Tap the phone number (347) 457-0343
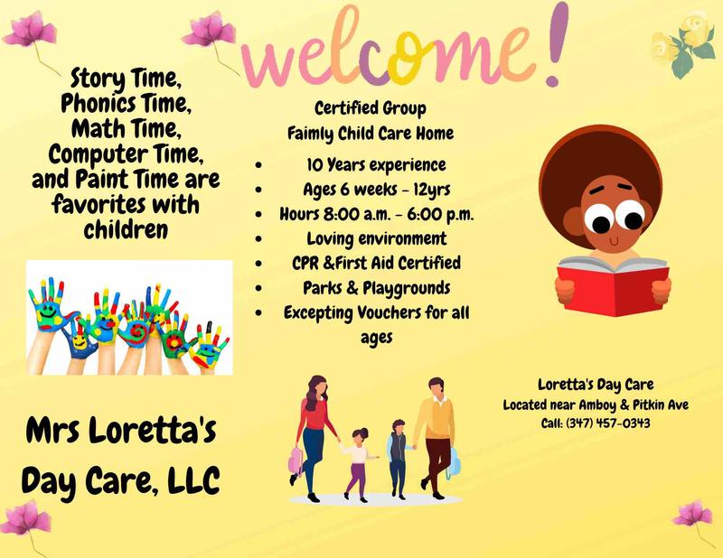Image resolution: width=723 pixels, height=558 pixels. pos(607,423)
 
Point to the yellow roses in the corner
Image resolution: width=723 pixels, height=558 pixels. pos(679,45)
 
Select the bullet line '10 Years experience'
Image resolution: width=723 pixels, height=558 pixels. pos(375,165)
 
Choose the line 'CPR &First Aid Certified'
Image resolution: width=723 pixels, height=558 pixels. pos(376,263)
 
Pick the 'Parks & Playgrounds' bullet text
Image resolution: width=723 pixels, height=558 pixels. pos(376,288)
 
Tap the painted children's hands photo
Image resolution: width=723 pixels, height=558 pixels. pos(129,317)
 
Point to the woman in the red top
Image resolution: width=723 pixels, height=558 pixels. pos(314,424)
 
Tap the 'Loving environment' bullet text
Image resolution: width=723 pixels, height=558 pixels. pos(376,238)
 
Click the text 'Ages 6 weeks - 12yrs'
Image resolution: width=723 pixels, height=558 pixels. pos(376,190)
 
